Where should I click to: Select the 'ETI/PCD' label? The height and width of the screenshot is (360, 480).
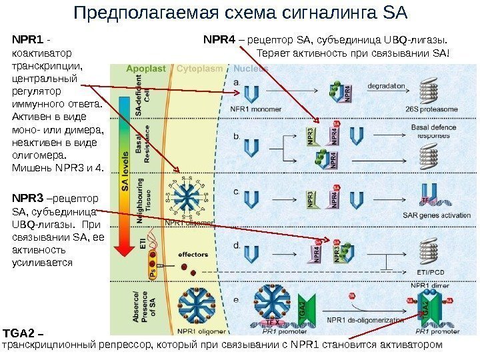(431, 272)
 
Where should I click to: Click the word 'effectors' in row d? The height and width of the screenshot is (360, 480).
(193, 254)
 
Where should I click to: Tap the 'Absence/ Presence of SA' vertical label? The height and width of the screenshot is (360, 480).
(147, 307)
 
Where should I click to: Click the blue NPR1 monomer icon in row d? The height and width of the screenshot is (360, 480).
(253, 253)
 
